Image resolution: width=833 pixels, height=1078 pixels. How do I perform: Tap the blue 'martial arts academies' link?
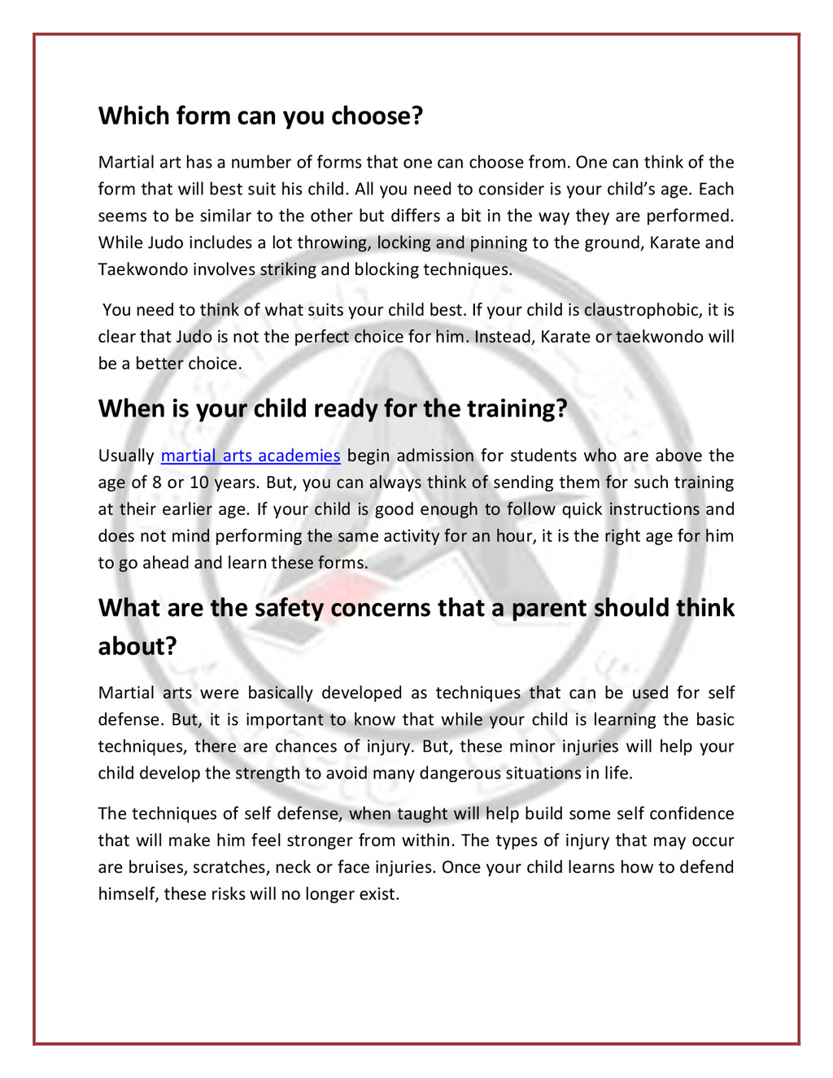(251, 456)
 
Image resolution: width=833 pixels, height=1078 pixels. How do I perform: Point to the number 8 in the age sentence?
(157, 482)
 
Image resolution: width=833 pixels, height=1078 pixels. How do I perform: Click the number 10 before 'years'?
(199, 482)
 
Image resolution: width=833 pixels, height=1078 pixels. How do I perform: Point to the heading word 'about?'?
(137, 647)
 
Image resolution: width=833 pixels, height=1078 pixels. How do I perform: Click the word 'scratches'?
(229, 867)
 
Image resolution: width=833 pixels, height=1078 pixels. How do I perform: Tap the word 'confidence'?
(690, 814)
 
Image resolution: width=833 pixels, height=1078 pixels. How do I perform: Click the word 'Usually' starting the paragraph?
(126, 456)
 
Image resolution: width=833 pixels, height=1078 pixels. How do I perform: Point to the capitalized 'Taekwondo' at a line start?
(143, 270)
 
